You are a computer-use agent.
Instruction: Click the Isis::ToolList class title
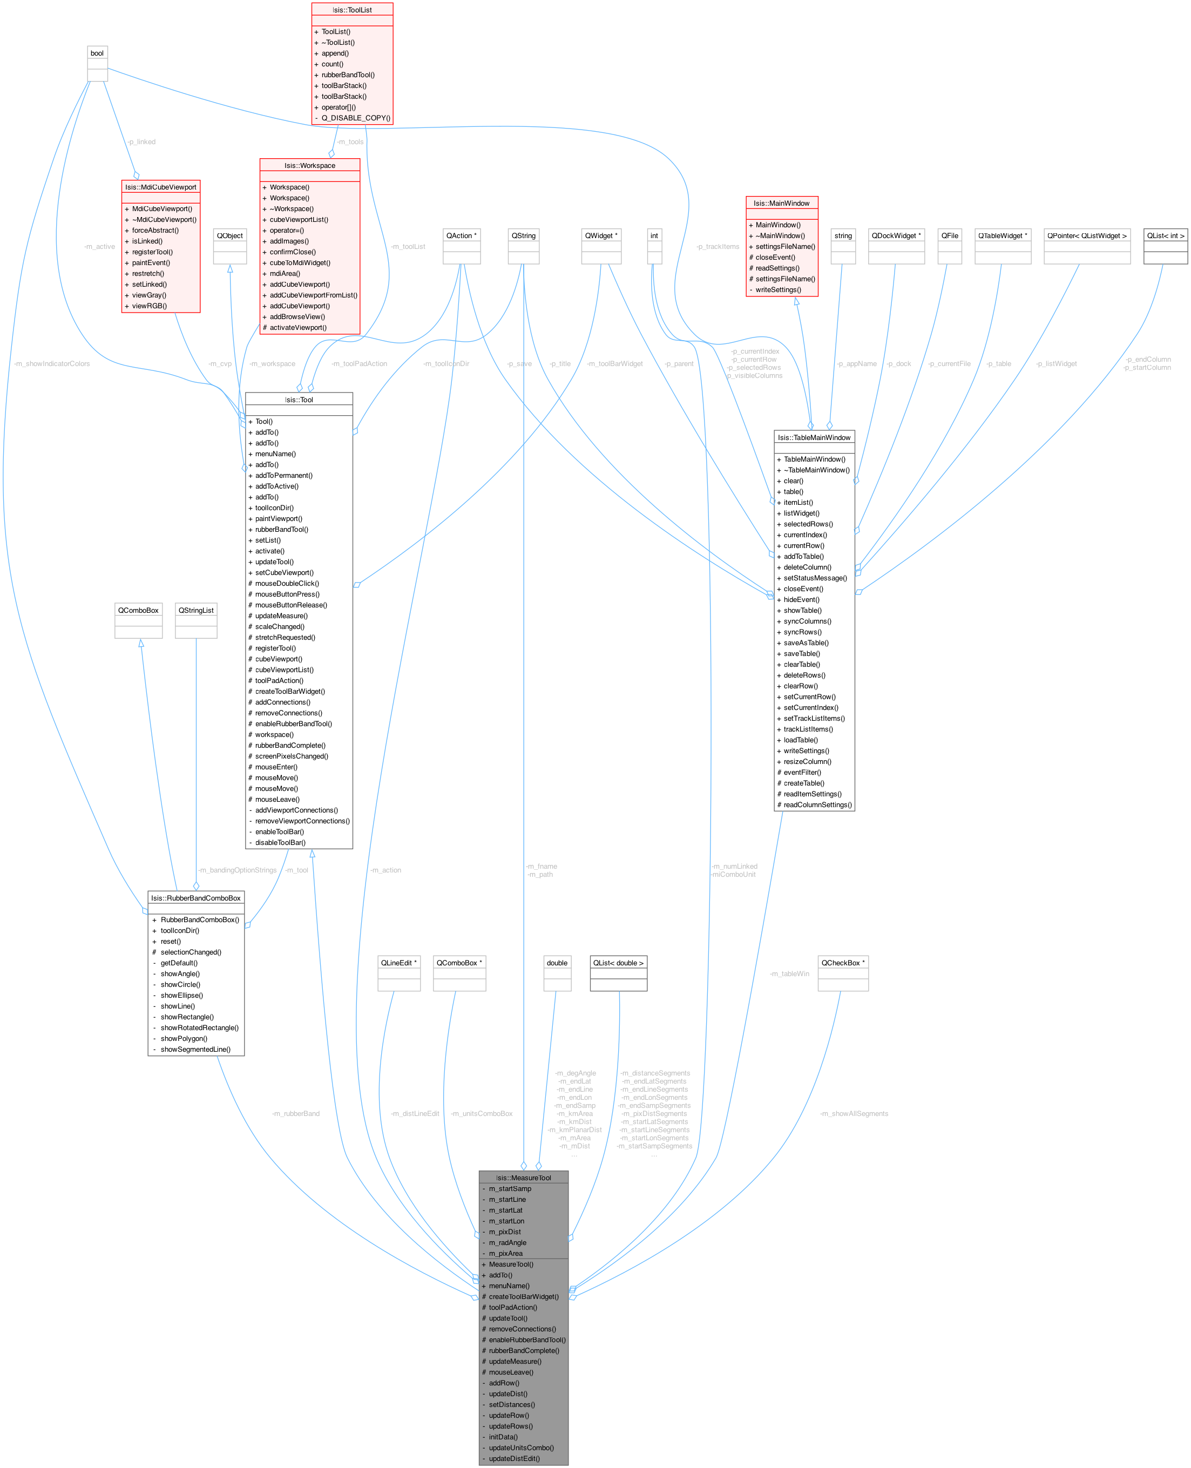point(352,10)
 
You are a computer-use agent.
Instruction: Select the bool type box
point(97,53)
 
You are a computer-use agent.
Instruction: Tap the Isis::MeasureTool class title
point(524,1178)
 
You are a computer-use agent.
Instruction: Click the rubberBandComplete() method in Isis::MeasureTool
point(524,1351)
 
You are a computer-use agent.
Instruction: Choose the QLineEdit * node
point(398,963)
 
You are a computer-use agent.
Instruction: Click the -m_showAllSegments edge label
point(854,1113)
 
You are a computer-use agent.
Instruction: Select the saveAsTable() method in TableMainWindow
point(806,643)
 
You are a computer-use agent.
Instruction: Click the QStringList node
point(196,611)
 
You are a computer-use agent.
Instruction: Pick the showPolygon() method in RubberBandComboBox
point(184,1039)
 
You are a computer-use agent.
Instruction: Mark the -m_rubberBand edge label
point(296,1113)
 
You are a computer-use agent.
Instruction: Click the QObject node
point(230,236)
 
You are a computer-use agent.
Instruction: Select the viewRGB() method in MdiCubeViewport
point(150,306)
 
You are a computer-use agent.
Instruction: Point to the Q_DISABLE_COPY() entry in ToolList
point(355,118)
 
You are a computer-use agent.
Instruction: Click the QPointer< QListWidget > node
point(1087,236)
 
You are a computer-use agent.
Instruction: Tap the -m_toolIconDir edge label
point(446,363)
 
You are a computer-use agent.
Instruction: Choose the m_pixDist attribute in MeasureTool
point(505,1232)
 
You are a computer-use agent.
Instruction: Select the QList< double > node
point(618,963)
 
